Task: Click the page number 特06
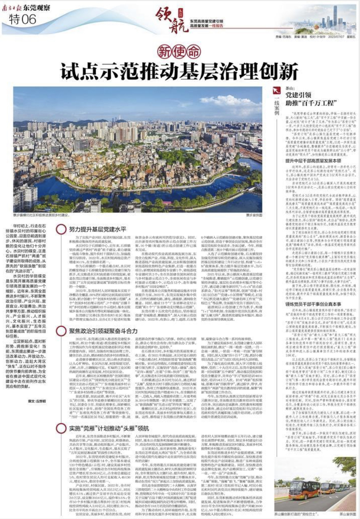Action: [x=22, y=19]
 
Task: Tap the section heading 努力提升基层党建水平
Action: [x=97, y=229]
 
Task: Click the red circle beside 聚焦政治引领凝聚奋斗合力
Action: [x=61, y=331]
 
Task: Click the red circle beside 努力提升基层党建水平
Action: [x=61, y=230]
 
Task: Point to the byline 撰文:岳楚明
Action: [x=36, y=401]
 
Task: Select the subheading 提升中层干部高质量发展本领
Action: [x=308, y=161]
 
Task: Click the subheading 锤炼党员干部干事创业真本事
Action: [x=308, y=305]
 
